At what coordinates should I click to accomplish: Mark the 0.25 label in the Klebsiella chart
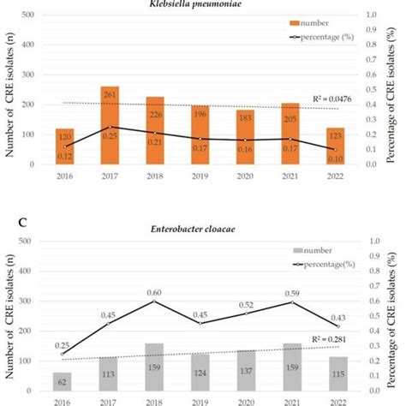tap(110, 134)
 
